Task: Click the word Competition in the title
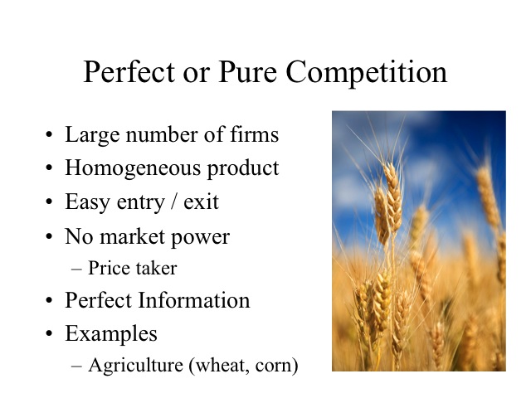tap(367, 72)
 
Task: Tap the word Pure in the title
tap(247, 71)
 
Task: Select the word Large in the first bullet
tap(92, 135)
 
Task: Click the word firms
tap(255, 133)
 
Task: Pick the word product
tap(243, 168)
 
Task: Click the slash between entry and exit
tap(174, 202)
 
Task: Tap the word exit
tap(201, 202)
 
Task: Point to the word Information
tap(194, 300)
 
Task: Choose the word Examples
tap(111, 333)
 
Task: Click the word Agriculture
tap(135, 366)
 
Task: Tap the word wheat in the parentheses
tap(220, 366)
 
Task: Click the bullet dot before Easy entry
tap(49, 201)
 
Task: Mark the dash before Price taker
tap(76, 269)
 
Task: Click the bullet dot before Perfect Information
tap(49, 300)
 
